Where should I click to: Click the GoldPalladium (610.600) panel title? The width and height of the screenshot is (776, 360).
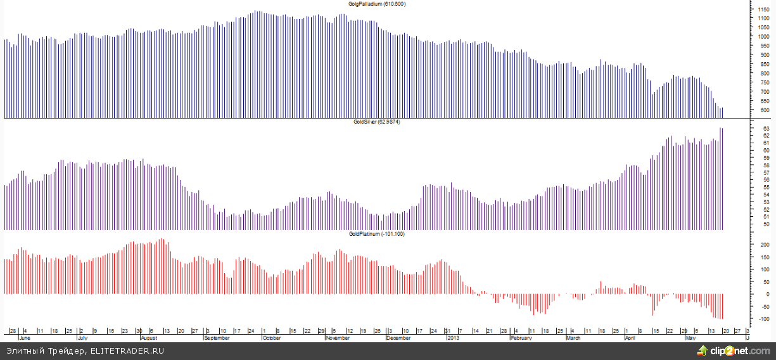coord(377,4)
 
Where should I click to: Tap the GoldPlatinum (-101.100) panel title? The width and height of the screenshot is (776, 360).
coord(377,234)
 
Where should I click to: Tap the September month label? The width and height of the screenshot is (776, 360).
coord(217,338)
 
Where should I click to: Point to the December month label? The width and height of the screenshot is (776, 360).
coord(398,338)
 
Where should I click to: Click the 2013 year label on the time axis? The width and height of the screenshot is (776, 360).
coord(453,338)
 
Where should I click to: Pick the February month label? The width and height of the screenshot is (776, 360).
coord(521,338)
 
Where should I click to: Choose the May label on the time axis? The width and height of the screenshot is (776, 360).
coord(690,338)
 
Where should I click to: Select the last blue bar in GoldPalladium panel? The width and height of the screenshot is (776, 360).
coord(722,113)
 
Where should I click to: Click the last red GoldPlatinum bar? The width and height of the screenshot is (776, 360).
coord(723,307)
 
